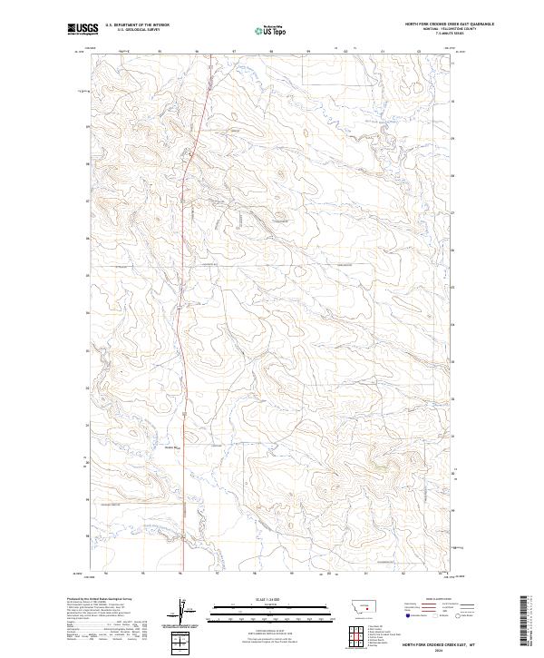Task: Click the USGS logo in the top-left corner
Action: tap(81, 29)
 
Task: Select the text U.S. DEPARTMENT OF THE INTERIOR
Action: tap(137, 25)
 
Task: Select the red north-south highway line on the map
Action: tap(184, 363)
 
